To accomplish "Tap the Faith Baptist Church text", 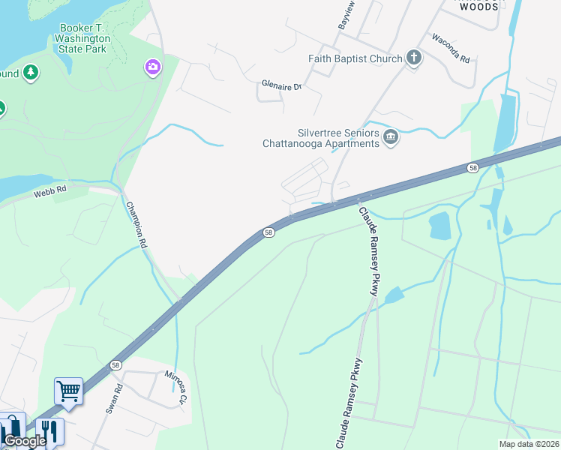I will [x=355, y=58].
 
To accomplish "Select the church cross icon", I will [x=413, y=58].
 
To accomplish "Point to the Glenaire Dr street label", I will [x=281, y=86].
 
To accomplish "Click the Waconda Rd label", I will [x=451, y=48].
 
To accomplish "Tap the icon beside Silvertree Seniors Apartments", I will [x=390, y=137].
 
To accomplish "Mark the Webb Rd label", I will [x=50, y=193].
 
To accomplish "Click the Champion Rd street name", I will [x=137, y=224].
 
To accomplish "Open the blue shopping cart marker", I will [x=68, y=391].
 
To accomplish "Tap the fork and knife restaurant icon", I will [x=49, y=430].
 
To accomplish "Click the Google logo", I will [x=24, y=441].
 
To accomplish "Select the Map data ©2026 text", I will [x=529, y=444].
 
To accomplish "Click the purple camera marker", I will [x=153, y=68].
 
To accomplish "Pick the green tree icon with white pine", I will [x=31, y=73].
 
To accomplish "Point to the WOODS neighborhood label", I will [x=478, y=7].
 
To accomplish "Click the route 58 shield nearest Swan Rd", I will [x=115, y=365].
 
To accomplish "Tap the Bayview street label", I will [x=346, y=15].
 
